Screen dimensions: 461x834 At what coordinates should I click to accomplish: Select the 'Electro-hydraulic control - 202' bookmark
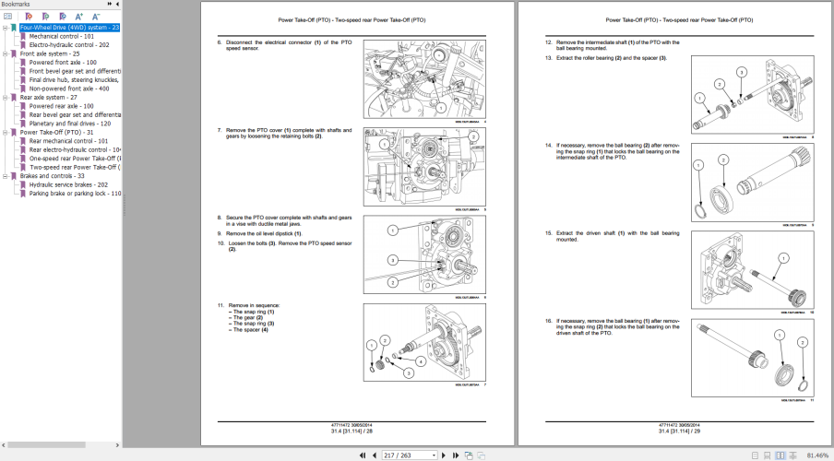click(x=68, y=44)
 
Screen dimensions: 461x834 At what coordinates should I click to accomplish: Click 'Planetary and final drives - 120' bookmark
click(x=69, y=124)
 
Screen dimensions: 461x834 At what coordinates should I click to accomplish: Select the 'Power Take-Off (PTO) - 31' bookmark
click(x=56, y=132)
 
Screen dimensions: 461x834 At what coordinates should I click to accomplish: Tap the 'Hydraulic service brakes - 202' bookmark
click(x=68, y=184)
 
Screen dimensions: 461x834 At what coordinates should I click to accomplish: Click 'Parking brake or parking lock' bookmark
click(x=74, y=194)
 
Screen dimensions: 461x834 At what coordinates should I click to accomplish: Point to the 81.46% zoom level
click(x=816, y=455)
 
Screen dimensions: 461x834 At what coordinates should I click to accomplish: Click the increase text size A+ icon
click(x=78, y=17)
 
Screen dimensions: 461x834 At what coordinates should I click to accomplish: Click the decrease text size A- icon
click(x=95, y=17)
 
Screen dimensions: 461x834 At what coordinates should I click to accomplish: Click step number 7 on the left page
click(x=220, y=130)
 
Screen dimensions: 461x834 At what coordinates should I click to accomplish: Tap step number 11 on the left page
click(x=220, y=304)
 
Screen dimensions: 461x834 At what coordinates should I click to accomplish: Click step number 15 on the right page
click(x=548, y=233)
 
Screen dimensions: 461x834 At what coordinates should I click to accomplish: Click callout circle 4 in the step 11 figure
click(x=420, y=362)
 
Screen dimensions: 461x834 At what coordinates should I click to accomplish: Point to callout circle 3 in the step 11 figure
click(x=407, y=372)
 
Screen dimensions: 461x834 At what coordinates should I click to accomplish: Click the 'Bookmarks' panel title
click(x=16, y=5)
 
